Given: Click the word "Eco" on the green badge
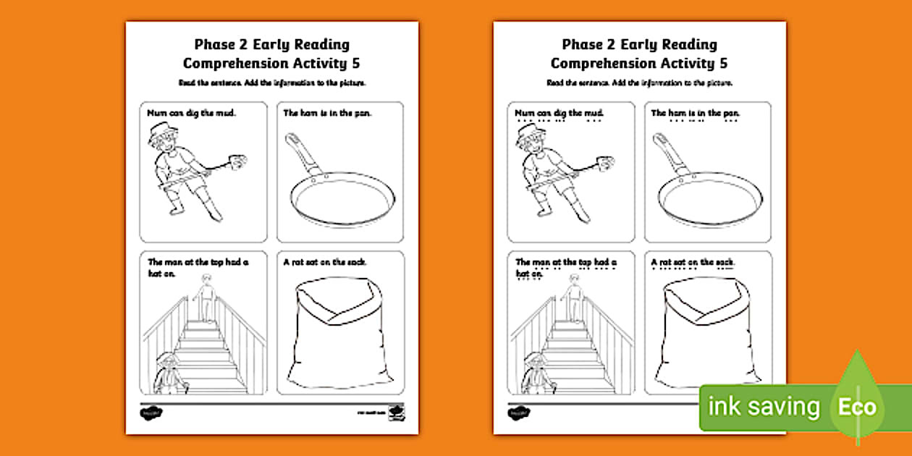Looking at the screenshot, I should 857,407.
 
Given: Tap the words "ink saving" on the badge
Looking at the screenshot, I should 764,408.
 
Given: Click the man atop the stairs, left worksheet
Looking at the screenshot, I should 207,300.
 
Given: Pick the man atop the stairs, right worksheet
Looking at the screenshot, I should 575,300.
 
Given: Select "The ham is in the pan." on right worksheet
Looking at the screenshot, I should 693,113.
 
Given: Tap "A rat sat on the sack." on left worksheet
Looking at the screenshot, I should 325,262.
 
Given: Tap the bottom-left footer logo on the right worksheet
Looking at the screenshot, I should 517,413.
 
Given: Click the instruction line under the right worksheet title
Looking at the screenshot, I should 640,83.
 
